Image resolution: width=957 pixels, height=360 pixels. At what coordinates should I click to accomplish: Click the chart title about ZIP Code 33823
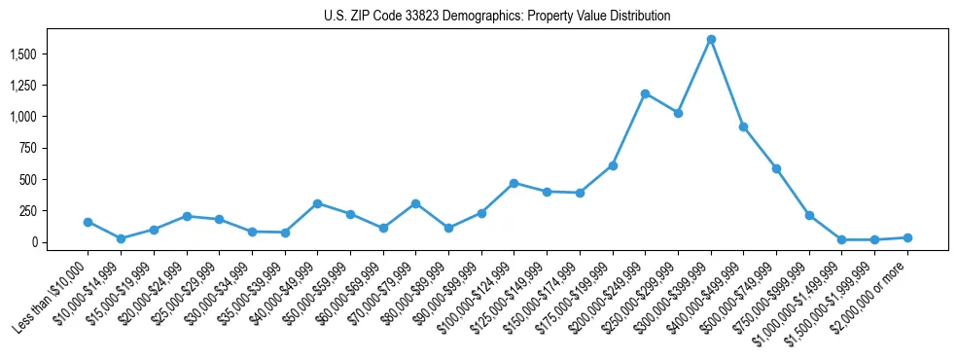point(497,17)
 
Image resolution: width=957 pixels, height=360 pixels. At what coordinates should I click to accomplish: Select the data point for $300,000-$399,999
point(711,40)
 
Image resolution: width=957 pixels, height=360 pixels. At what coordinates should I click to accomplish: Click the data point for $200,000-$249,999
point(646,93)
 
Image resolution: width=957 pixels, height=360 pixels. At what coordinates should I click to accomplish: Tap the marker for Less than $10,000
point(89,222)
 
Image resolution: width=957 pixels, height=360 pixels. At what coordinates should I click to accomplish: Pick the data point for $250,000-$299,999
point(678,113)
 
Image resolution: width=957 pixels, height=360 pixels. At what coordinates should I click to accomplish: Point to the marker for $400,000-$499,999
point(744,126)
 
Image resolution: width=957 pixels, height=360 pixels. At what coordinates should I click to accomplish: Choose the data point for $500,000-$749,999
point(776,168)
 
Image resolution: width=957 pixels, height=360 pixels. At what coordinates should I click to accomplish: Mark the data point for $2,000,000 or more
point(907,237)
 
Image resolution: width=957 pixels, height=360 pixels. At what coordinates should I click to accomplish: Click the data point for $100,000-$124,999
point(514,183)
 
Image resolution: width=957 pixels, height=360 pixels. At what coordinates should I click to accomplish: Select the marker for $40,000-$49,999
point(318,203)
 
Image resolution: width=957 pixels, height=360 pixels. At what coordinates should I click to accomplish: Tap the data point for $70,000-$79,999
point(416,203)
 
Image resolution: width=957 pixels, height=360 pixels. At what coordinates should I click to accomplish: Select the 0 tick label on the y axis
point(35,242)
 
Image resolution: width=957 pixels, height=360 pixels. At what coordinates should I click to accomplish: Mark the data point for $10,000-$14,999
point(121,238)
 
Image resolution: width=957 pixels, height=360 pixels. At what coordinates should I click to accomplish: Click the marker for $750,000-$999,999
point(809,215)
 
